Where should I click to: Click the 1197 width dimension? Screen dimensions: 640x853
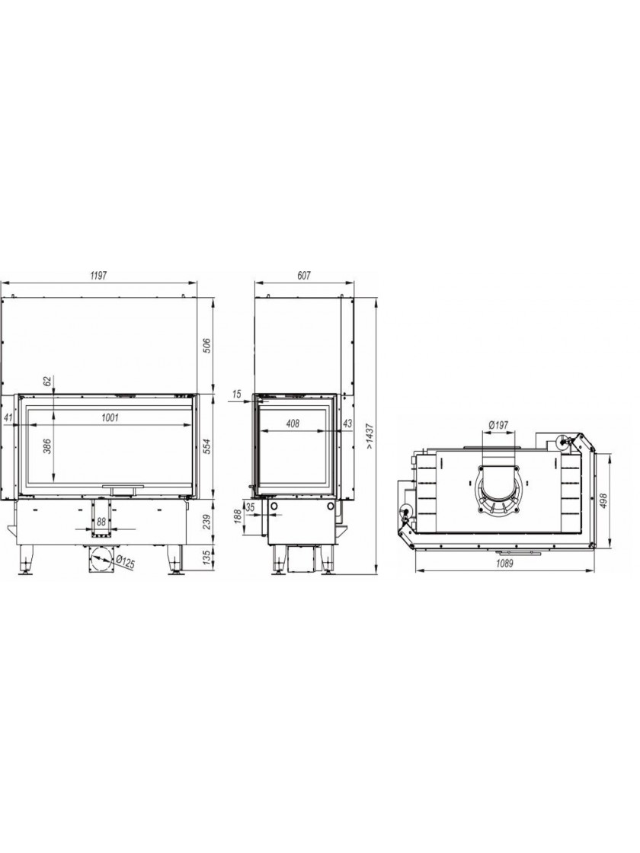point(98,275)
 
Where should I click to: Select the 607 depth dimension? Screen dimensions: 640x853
point(304,275)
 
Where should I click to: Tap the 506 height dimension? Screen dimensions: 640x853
point(206,346)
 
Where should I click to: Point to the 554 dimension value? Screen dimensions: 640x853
point(206,446)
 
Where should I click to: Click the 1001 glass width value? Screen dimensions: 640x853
point(110,418)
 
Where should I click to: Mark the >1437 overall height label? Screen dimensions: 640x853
point(370,436)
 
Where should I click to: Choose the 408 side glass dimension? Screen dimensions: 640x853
point(293,423)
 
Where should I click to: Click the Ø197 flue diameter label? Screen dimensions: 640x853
point(498,423)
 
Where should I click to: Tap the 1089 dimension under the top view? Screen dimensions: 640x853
point(504,563)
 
